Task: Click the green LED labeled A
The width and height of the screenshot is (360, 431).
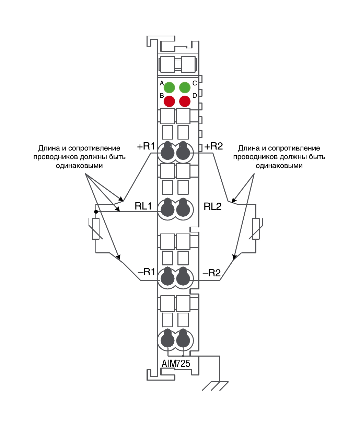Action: click(169, 87)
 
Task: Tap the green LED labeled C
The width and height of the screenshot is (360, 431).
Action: click(185, 87)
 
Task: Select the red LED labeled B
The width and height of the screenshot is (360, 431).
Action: click(169, 101)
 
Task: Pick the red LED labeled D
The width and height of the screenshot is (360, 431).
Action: click(185, 101)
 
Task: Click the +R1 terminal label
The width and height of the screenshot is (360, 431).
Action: click(146, 146)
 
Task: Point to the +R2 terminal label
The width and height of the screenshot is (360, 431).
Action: click(213, 146)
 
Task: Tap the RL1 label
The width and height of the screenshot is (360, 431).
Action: click(143, 206)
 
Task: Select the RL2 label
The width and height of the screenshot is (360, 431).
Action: click(212, 206)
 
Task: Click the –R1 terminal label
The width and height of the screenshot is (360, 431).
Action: click(146, 272)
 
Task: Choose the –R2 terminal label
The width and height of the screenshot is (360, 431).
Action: click(212, 273)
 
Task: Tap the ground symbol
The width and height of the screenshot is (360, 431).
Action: click(215, 386)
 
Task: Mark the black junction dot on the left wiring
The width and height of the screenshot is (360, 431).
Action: click(96, 212)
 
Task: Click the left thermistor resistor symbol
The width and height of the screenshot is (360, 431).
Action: click(96, 229)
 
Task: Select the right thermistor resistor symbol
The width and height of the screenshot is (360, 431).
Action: click(256, 229)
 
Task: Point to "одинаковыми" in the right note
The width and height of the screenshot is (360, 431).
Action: click(279, 166)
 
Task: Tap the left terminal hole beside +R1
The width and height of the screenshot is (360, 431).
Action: click(167, 151)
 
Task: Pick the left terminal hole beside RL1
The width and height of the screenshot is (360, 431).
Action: click(167, 208)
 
